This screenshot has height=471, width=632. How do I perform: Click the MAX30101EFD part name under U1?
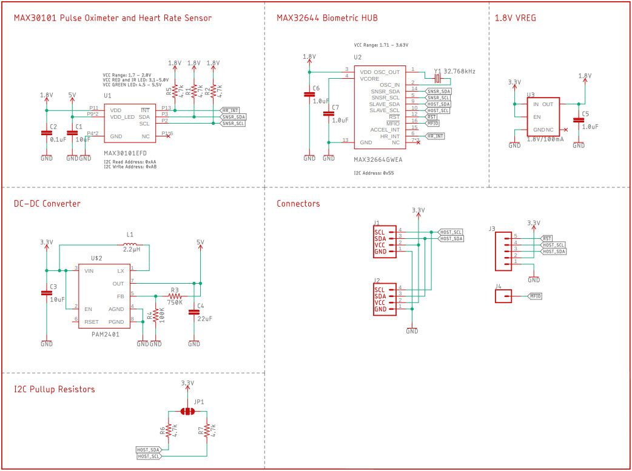125,153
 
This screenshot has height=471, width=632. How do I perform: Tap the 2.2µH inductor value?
132,249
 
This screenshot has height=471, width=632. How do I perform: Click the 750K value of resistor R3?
175,302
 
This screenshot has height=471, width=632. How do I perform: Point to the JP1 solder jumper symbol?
187,412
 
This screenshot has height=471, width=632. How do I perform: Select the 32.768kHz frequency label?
460,72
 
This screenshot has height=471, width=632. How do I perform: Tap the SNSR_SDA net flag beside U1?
234,116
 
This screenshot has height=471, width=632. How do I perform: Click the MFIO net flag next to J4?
535,296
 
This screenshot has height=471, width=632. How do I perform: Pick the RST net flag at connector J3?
547,238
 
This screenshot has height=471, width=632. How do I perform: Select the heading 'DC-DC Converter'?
47,204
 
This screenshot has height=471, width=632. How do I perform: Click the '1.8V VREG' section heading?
516,18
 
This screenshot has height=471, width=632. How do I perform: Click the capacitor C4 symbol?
194,312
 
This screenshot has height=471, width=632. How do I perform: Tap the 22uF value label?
204,319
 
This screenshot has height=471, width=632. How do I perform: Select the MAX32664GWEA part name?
378,159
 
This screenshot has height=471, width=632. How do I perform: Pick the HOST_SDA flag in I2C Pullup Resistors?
149,449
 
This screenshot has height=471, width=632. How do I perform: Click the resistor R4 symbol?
156,315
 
